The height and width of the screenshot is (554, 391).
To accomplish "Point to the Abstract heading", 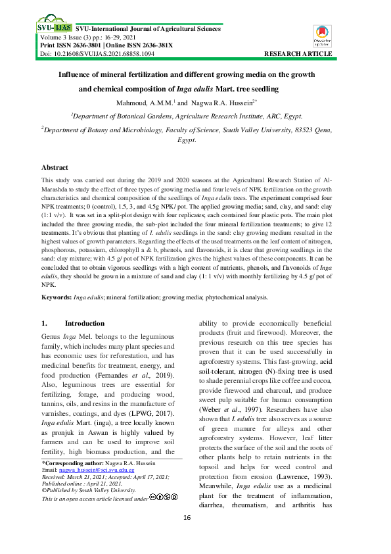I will [55, 168].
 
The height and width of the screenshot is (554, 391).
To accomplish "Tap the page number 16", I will [195, 518].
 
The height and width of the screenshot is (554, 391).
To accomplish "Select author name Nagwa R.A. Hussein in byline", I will [221, 103].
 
